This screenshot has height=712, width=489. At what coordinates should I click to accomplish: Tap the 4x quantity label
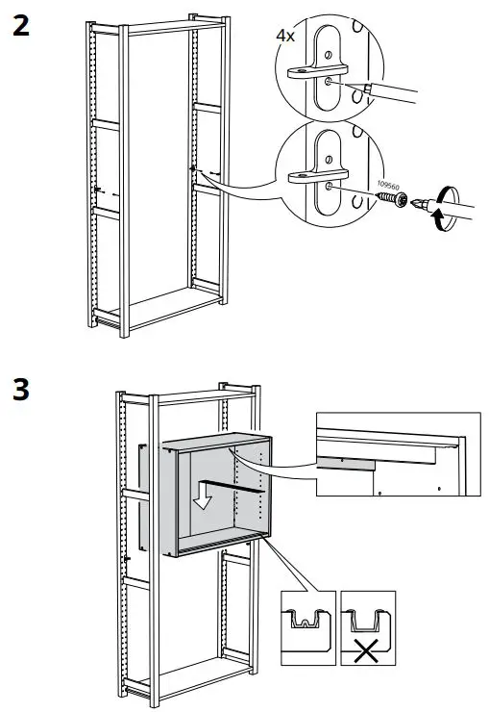[285, 36]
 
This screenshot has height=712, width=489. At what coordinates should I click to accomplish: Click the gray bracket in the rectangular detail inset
[346, 463]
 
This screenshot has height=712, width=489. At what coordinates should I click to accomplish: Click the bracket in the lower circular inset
[309, 176]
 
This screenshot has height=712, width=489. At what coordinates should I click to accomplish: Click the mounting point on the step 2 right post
[192, 169]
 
